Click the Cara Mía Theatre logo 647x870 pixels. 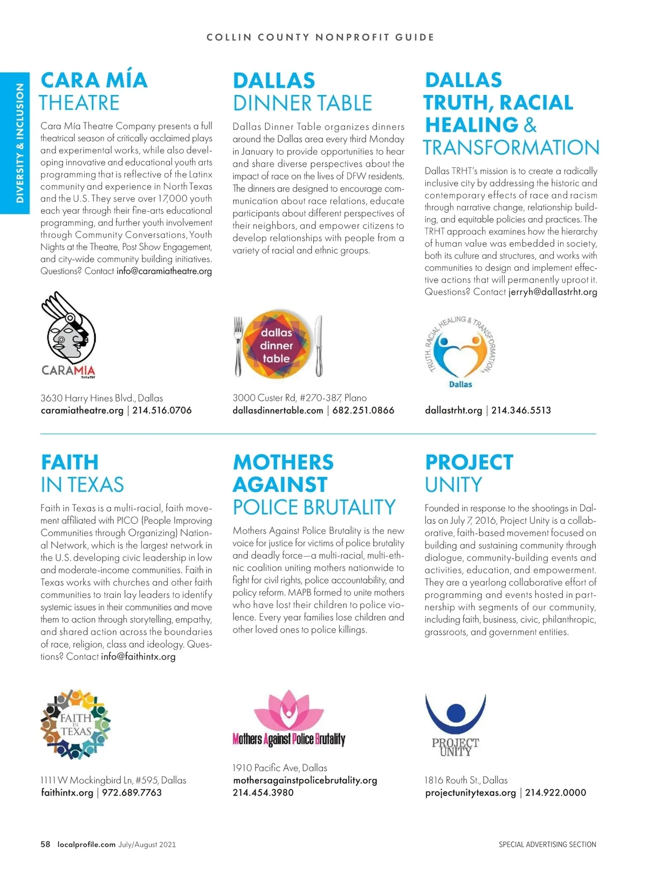pos(68,334)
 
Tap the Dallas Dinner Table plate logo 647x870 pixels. pos(276,346)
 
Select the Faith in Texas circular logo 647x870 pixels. pos(75,724)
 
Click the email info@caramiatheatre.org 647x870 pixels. pos(164,271)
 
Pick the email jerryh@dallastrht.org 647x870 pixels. pos(553,292)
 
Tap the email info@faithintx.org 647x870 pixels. pos(138,657)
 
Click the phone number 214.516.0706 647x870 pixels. pos(162,410)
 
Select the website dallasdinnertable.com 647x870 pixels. pos(278,410)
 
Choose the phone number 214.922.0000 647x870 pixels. pos(555,793)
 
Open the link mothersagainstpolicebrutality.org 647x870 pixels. pos(305,780)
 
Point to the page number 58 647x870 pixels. pos(45,845)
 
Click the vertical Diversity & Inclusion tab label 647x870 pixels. pos(20,143)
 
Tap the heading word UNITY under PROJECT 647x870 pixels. pos(453,485)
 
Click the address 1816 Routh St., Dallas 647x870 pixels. pos(466,780)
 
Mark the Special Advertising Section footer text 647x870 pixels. pos(547,845)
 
